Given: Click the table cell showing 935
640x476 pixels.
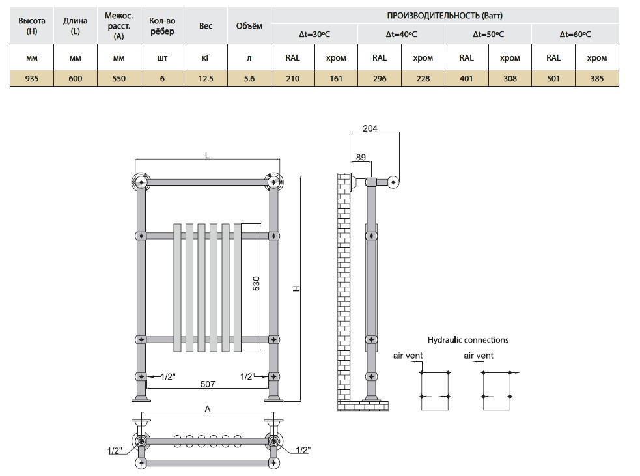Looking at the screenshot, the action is [x=32, y=78].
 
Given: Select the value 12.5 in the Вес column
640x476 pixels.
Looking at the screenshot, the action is [x=206, y=78].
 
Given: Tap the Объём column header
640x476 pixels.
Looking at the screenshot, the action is [x=249, y=26].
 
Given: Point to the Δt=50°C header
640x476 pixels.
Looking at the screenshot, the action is [x=488, y=35].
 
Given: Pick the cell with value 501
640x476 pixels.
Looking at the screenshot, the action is [x=553, y=78].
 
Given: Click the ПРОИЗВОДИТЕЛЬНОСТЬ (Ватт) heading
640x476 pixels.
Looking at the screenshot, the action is [x=445, y=16].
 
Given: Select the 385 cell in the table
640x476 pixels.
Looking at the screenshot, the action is [x=597, y=78].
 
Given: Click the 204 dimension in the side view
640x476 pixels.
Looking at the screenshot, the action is [x=370, y=128].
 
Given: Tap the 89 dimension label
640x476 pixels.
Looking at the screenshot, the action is [x=361, y=157].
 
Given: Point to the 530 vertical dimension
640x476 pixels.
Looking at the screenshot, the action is [x=256, y=283].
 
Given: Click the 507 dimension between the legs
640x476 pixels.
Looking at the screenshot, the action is [x=207, y=384].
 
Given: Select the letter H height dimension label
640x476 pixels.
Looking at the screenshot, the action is [x=297, y=288].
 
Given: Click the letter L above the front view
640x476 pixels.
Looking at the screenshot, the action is [x=207, y=155].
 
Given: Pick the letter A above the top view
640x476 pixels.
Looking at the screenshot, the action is [x=207, y=409].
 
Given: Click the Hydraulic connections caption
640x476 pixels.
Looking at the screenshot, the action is [x=467, y=340].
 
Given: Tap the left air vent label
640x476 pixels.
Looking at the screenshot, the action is [x=408, y=356].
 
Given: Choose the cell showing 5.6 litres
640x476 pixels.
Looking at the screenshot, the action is [x=249, y=78].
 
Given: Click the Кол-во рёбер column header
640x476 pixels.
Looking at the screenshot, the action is [x=162, y=26].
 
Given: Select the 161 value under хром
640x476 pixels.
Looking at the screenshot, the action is [x=336, y=78].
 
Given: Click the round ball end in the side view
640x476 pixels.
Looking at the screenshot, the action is [x=393, y=182].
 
